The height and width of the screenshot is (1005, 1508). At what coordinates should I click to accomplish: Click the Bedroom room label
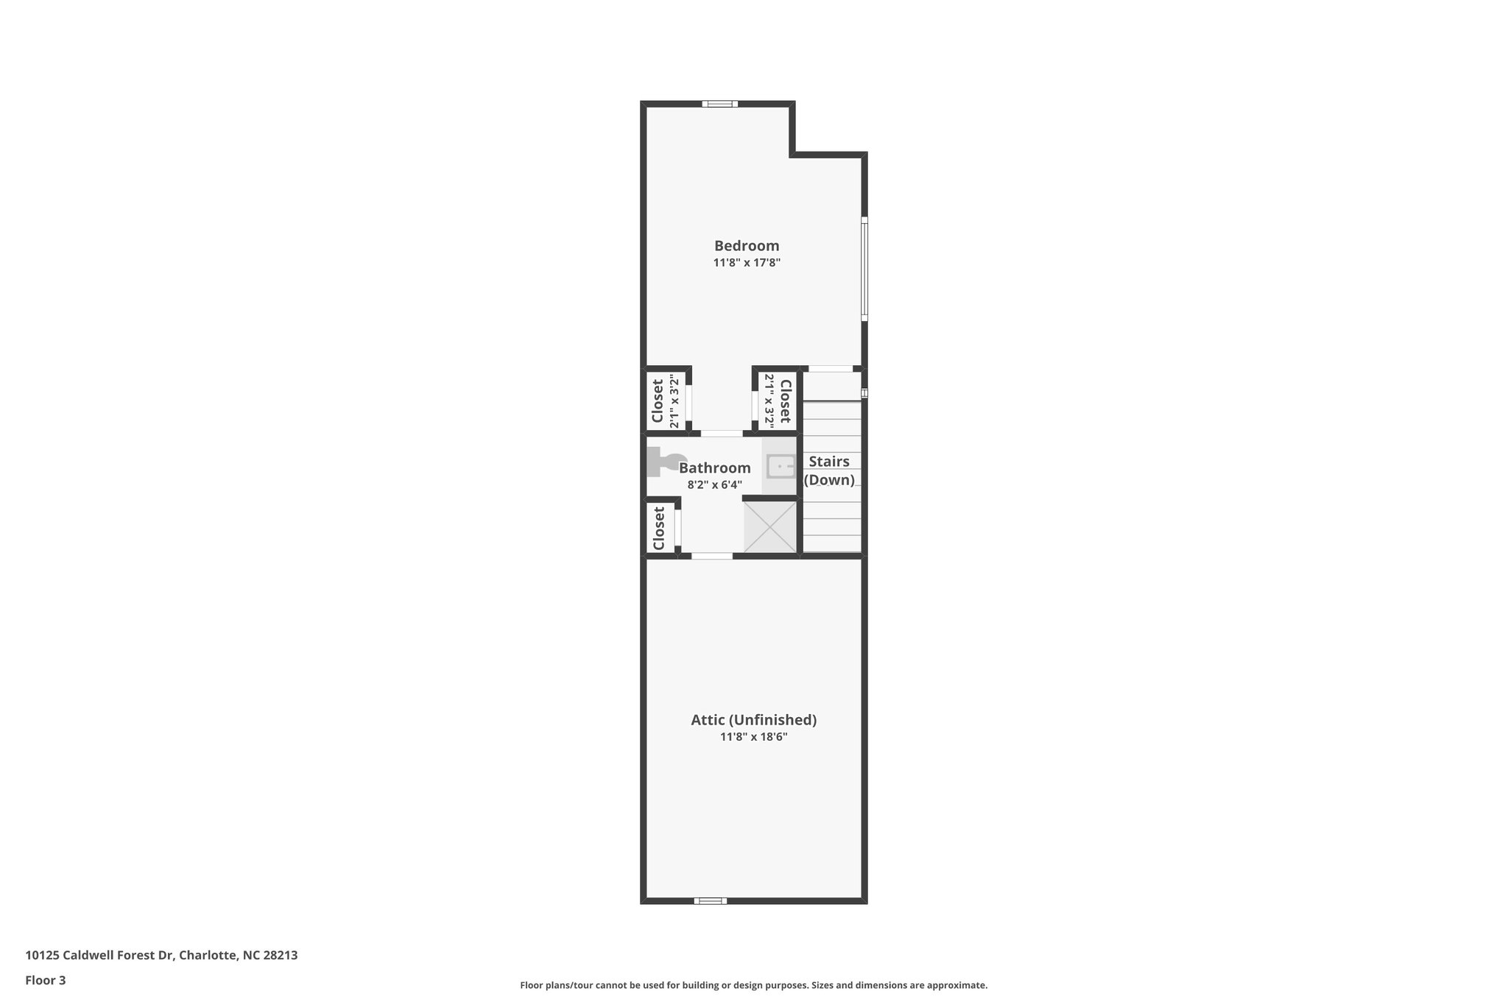(747, 246)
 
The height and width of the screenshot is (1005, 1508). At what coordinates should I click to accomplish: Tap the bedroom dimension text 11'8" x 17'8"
(747, 263)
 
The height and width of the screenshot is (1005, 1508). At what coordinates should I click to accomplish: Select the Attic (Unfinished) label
(753, 720)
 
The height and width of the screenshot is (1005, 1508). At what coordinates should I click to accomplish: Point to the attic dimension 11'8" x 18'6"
(753, 737)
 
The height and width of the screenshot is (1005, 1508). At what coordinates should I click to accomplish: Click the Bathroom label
(714, 468)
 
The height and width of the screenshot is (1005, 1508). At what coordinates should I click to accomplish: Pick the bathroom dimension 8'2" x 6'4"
(714, 485)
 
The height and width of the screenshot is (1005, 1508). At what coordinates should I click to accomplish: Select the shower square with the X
(770, 527)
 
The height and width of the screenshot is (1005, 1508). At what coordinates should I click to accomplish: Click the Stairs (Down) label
(829, 470)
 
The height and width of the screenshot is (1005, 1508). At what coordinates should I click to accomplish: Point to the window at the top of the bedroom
(719, 104)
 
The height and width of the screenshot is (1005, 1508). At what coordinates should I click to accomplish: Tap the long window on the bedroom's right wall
(864, 269)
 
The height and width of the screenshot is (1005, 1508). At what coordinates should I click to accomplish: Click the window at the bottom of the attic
(710, 900)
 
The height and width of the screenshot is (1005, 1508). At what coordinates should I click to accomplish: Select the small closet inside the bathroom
(659, 528)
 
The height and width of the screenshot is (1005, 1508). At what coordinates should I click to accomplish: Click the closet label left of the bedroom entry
(658, 400)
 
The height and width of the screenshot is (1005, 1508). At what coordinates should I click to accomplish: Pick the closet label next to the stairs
(785, 401)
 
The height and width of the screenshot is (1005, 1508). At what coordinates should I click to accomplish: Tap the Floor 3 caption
(46, 980)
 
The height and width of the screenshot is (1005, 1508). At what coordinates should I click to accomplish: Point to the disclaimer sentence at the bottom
(753, 985)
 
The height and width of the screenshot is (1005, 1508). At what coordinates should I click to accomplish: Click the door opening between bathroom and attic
(712, 556)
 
